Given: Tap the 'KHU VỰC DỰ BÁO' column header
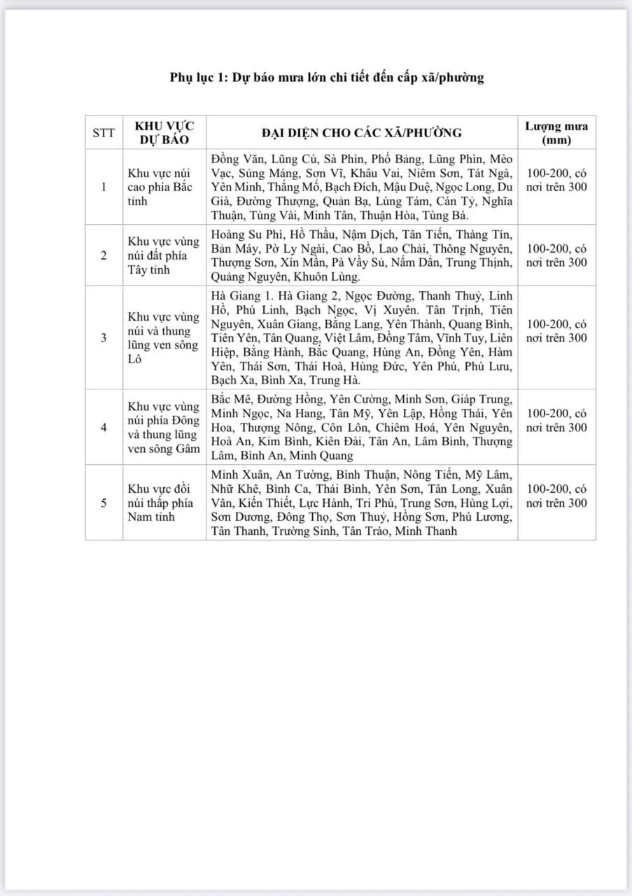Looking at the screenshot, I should tap(164, 132).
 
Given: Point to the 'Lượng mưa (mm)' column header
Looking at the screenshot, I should tap(556, 132).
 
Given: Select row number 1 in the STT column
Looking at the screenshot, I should tap(104, 187).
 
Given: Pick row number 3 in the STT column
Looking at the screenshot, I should tap(104, 337).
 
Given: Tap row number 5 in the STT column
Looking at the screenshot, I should tap(104, 503).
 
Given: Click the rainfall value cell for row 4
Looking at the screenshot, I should tap(556, 420).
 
